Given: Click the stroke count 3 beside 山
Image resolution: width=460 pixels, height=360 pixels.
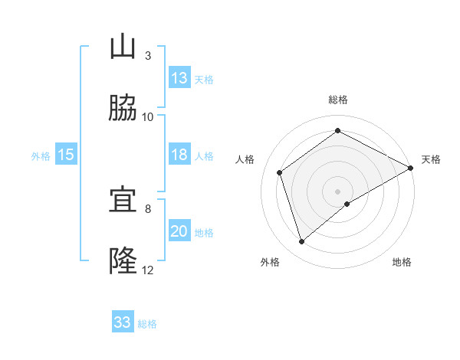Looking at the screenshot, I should tap(147, 55).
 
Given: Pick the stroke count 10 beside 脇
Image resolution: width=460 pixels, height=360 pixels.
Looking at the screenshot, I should tap(148, 116).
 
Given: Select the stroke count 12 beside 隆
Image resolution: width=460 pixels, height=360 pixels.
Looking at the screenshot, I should tap(148, 270).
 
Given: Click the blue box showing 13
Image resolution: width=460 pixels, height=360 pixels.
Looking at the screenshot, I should tap(179, 77).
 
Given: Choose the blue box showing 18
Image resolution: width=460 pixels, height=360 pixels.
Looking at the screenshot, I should tap(179, 155).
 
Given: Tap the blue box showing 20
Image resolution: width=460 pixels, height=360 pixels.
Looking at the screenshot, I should tap(179, 231).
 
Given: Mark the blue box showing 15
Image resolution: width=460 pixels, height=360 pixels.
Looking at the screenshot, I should tap(66, 155).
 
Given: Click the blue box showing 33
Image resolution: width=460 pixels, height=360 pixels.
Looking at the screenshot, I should tap(123, 322).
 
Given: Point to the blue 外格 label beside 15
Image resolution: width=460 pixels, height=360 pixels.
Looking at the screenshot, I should tap(41, 155).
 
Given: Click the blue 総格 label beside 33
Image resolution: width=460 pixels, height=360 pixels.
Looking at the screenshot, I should tap(147, 324).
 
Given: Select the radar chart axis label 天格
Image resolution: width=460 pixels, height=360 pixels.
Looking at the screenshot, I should tap(431, 159).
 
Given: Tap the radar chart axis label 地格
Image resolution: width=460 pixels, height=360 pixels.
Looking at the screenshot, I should tap(402, 262).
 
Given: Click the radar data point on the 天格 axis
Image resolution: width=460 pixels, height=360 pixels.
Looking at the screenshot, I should tap(412, 169).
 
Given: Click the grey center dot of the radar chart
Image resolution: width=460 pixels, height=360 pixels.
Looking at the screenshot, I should tap(338, 191).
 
